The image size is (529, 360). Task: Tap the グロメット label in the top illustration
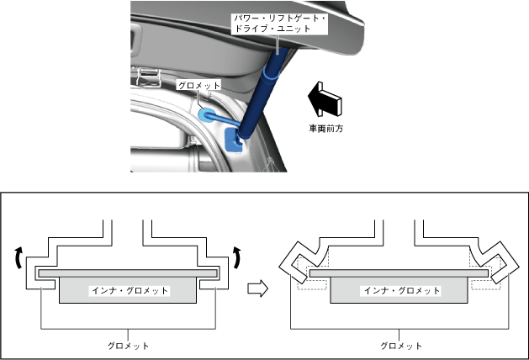(198, 85)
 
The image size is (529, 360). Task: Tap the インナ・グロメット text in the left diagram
(130, 291)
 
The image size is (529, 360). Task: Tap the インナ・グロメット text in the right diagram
(400, 291)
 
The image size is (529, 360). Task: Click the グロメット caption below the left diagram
(130, 345)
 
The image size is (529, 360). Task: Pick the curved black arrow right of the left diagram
(238, 258)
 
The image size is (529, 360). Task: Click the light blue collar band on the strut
(270, 76)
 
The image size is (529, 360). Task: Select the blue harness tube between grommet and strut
(224, 118)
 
